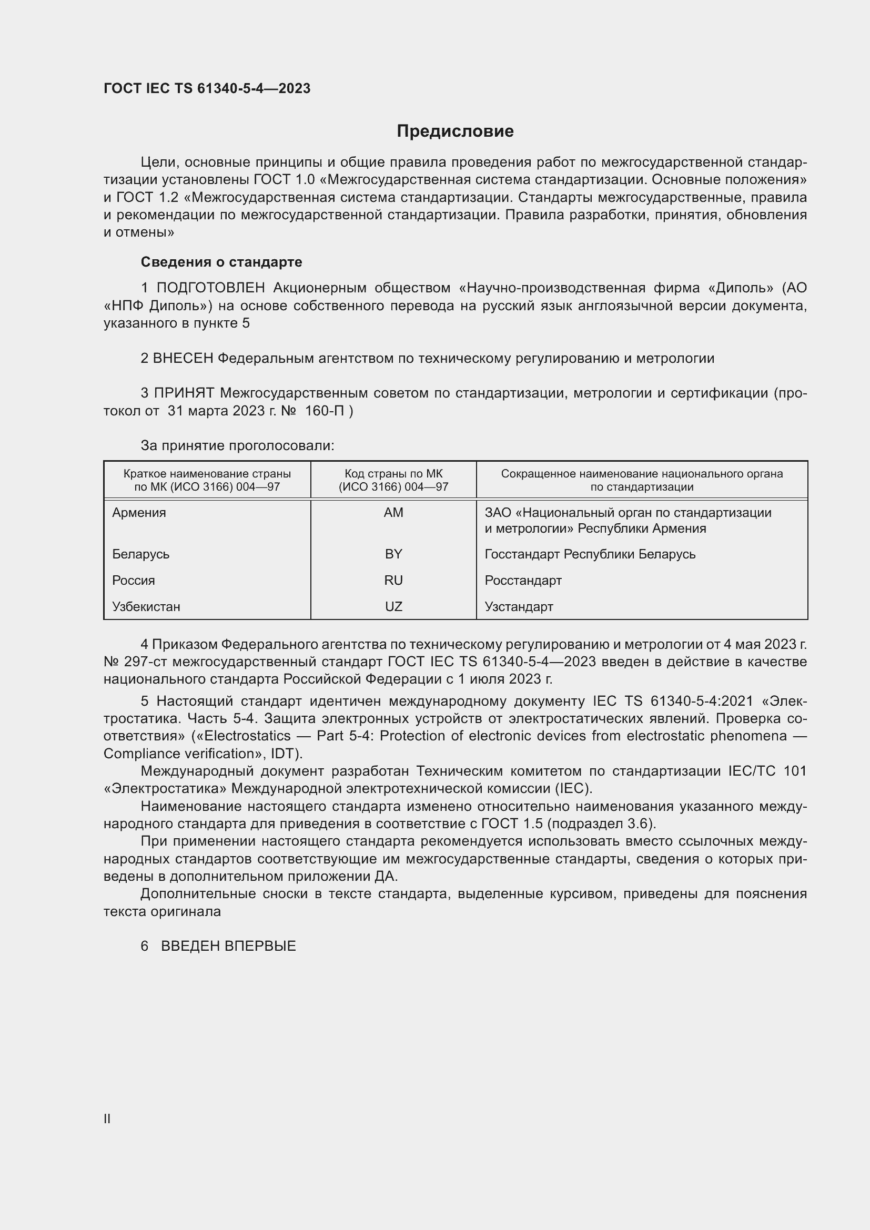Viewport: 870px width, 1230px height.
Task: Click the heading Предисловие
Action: [455, 131]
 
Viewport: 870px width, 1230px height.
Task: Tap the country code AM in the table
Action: [393, 513]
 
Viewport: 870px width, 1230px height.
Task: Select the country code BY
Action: [393, 554]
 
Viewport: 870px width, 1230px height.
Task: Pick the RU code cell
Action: [393, 580]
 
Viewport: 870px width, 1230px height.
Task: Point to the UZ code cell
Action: [393, 606]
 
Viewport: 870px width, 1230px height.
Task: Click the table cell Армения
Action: [139, 513]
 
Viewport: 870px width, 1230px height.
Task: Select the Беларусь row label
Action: [141, 554]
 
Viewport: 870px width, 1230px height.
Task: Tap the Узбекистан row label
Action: [146, 606]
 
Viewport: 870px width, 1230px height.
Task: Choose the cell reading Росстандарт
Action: [523, 580]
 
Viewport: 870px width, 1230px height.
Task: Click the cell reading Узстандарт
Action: [519, 606]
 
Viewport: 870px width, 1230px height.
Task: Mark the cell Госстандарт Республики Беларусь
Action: [590, 554]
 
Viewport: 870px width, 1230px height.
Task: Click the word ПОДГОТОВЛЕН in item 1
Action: [210, 288]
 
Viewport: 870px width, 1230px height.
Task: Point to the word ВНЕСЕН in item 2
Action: [183, 359]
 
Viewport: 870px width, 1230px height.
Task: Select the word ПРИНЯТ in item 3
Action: [184, 393]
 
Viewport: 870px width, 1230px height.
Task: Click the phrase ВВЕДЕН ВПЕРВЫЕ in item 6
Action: [228, 946]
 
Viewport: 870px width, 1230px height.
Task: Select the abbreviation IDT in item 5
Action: [284, 754]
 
